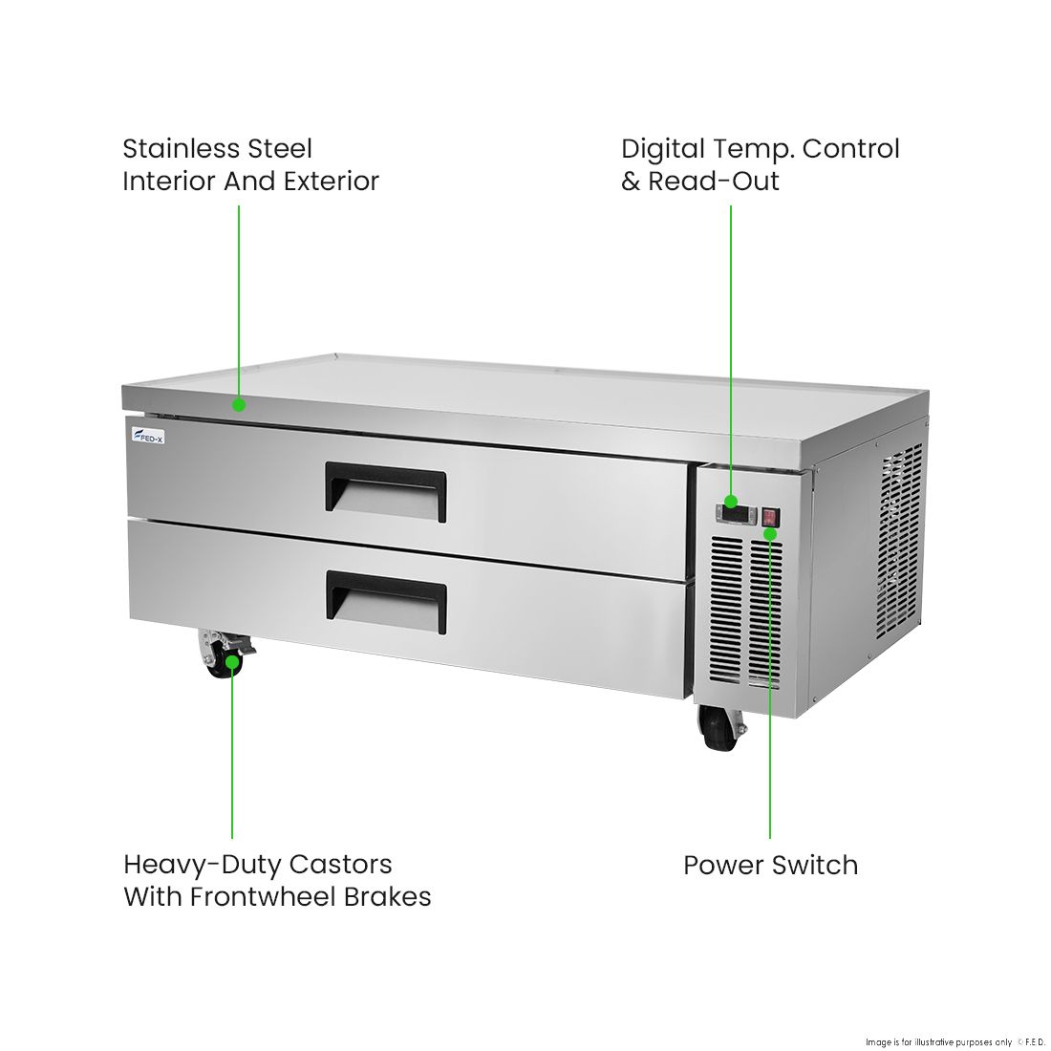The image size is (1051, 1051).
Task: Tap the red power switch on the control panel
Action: tap(770, 518)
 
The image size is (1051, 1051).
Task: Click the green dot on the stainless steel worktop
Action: tap(239, 404)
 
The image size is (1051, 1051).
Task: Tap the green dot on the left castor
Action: tap(232, 659)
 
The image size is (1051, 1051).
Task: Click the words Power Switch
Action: tap(770, 865)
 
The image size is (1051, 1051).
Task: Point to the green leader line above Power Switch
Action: tap(770, 688)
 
